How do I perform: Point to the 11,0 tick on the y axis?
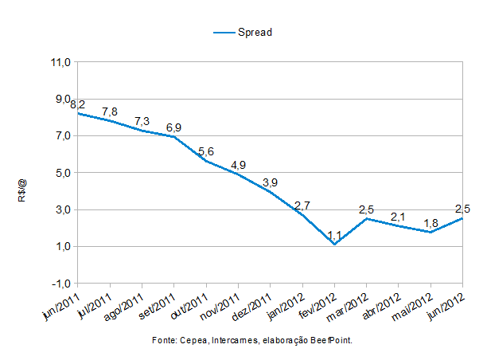(x=61, y=62)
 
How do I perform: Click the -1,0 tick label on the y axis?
(x=61, y=284)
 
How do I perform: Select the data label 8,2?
(x=78, y=104)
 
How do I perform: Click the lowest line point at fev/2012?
(x=334, y=244)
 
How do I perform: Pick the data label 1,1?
(x=334, y=235)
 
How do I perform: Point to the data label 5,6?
(x=206, y=151)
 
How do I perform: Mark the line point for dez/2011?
(x=271, y=192)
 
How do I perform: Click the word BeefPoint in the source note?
(x=332, y=340)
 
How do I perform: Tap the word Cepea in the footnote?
(x=189, y=340)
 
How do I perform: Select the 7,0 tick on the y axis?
(x=62, y=136)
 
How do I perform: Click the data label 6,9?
(x=174, y=127)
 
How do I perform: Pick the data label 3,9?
(x=271, y=182)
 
